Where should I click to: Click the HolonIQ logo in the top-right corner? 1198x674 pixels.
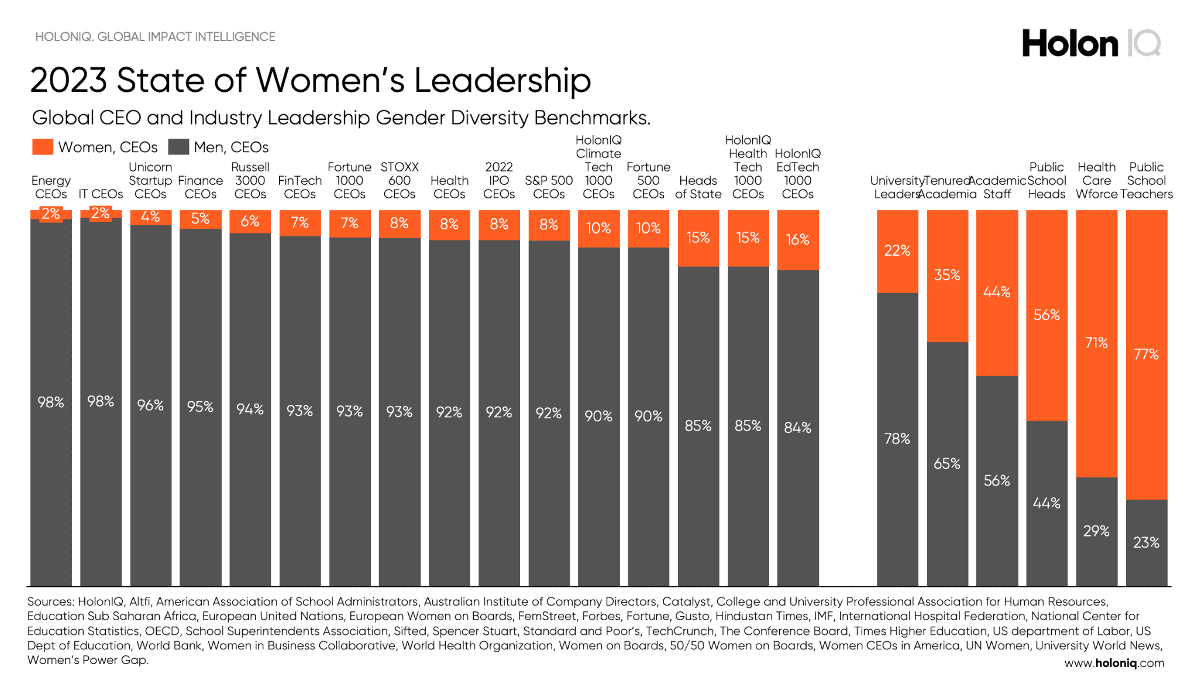coord(1091,44)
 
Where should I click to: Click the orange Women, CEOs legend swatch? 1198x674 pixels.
coord(43,147)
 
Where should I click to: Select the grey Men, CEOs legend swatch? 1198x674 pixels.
coord(178,147)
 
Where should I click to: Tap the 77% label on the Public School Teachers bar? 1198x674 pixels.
coord(1146,355)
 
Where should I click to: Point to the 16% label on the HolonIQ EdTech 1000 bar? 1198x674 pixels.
coord(797,240)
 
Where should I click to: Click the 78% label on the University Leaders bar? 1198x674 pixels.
coord(897,439)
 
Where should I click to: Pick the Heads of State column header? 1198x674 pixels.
coord(698,187)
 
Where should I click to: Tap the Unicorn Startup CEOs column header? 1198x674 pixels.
coord(150,181)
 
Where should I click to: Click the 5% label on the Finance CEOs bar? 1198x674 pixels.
coord(200,219)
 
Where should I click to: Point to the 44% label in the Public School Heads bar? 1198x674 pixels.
coord(1046,503)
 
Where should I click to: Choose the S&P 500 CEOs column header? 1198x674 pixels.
coord(548,187)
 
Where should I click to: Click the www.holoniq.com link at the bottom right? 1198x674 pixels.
coord(1114,663)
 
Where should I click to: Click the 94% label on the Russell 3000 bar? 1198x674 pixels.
coord(250,409)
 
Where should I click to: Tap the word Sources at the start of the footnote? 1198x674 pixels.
coord(50,601)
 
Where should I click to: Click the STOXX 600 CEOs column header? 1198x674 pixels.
coord(400,181)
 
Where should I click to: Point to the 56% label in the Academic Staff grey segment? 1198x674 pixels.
coord(997,481)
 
